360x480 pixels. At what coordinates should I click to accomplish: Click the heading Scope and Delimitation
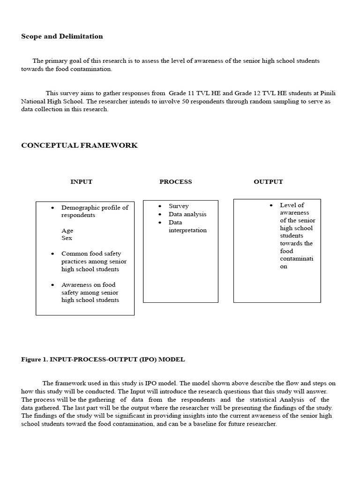(62, 37)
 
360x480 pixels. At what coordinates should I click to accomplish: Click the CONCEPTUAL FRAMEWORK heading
(79, 145)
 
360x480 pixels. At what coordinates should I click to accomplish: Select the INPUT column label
(81, 182)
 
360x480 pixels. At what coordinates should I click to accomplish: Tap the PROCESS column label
(175, 182)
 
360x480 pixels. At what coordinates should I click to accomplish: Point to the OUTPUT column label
(268, 182)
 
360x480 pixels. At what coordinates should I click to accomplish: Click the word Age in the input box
(67, 231)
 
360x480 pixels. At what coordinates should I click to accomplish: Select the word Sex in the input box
(67, 238)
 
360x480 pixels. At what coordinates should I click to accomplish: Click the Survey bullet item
(179, 206)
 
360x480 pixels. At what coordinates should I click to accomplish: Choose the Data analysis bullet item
(187, 214)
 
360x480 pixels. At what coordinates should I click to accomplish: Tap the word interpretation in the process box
(187, 230)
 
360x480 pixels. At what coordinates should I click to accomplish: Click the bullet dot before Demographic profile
(52, 208)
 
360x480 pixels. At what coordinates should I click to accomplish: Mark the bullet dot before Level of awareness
(271, 205)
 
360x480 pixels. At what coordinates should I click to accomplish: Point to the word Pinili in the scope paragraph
(328, 93)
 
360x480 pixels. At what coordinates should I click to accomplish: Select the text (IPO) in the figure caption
(148, 360)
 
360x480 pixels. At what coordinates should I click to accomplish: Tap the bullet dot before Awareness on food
(52, 285)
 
